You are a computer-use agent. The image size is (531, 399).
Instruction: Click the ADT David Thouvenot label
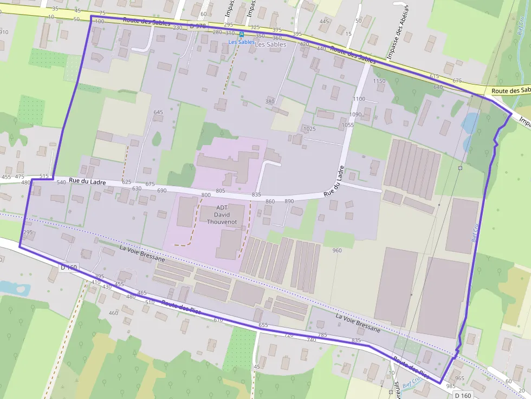pyautogui.click(x=218, y=214)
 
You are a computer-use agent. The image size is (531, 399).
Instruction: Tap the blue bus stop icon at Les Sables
pyautogui.click(x=242, y=34)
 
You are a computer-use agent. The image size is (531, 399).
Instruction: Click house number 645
pyautogui.click(x=158, y=113)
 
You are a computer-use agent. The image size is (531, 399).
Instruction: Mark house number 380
pyautogui.click(x=270, y=102)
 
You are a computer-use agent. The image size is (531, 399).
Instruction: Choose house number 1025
pyautogui.click(x=309, y=129)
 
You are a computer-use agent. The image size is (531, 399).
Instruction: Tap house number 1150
pyautogui.click(x=379, y=81)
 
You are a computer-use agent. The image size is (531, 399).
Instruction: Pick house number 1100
pyautogui.click(x=359, y=99)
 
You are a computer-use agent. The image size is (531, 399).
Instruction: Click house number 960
pyautogui.click(x=337, y=251)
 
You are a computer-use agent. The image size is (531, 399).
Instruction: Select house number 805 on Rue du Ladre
pyautogui.click(x=220, y=191)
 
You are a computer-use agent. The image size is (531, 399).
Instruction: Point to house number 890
pyautogui.click(x=289, y=201)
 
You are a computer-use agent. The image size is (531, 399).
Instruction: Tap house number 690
pyautogui.click(x=161, y=191)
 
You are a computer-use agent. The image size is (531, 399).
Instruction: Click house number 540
pyautogui.click(x=61, y=183)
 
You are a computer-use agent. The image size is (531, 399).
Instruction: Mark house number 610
pyautogui.click(x=218, y=320)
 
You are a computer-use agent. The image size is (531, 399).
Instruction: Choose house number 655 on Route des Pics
pyautogui.click(x=263, y=325)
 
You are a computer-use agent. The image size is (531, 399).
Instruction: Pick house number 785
pyautogui.click(x=322, y=336)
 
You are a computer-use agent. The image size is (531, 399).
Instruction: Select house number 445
pyautogui.click(x=324, y=22)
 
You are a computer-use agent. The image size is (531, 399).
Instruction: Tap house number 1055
pyautogui.click(x=348, y=125)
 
